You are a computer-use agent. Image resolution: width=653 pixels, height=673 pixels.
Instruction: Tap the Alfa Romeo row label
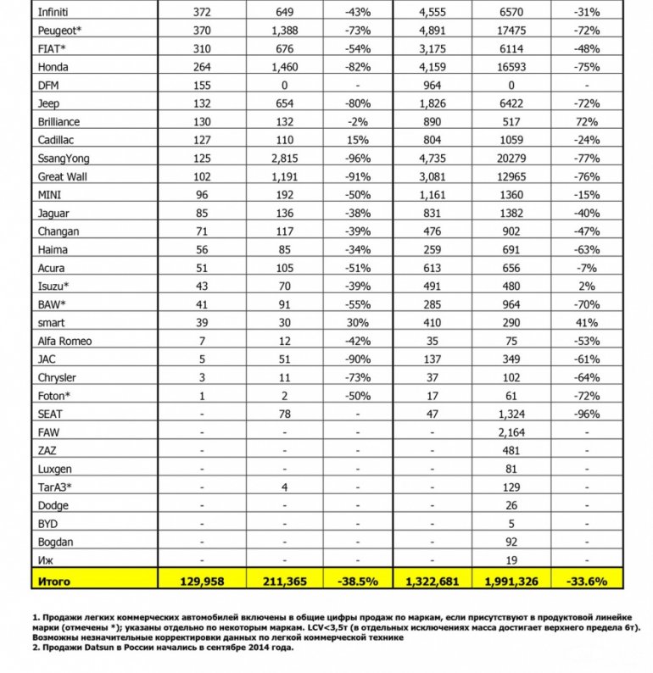point(65,341)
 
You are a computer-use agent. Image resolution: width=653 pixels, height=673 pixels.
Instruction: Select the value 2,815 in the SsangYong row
point(284,158)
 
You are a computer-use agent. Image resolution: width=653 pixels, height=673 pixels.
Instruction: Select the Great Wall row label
point(62,176)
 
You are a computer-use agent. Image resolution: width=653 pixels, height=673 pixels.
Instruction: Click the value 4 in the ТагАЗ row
point(284,487)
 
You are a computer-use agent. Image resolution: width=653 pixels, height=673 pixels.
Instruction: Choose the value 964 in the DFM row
point(433,85)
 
